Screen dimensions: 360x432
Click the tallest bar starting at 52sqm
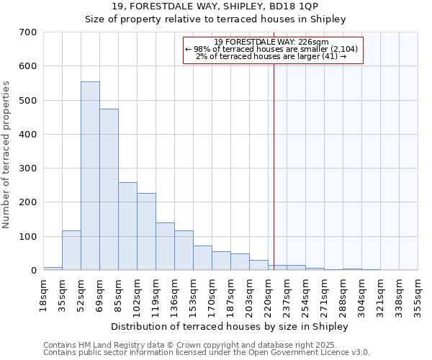click(x=90, y=176)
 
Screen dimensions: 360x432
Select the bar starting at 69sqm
click(x=109, y=190)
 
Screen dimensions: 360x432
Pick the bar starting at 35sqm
click(x=71, y=251)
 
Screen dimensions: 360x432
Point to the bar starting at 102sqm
click(x=146, y=232)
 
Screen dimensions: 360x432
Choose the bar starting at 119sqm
click(x=165, y=246)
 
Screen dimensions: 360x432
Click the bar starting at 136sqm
click(x=184, y=251)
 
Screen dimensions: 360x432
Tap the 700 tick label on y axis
click(x=28, y=32)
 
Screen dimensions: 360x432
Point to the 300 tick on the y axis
click(x=28, y=168)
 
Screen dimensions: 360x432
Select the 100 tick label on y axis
click(x=28, y=237)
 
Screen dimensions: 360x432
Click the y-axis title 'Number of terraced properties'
click(x=6, y=155)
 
